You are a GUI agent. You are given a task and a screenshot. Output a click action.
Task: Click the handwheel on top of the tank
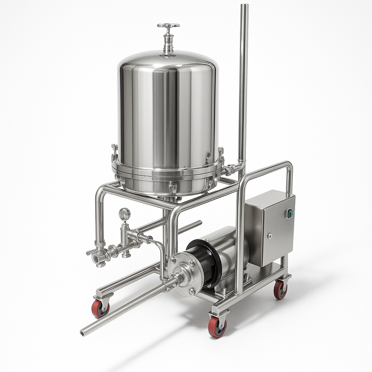coord(168,25)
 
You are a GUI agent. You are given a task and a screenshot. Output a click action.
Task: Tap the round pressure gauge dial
coord(125,214)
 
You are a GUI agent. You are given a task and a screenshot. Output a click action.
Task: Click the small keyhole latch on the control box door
coord(270,236)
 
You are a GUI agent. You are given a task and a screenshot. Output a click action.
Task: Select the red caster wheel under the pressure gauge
coord(100,309)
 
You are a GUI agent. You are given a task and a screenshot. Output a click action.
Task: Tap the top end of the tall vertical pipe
coord(244,6)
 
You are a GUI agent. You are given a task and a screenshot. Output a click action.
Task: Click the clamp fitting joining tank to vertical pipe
coord(230,169)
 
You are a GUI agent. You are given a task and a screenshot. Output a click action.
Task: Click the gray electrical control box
coord(270,227)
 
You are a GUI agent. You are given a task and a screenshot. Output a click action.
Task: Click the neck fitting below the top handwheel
coord(168,44)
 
